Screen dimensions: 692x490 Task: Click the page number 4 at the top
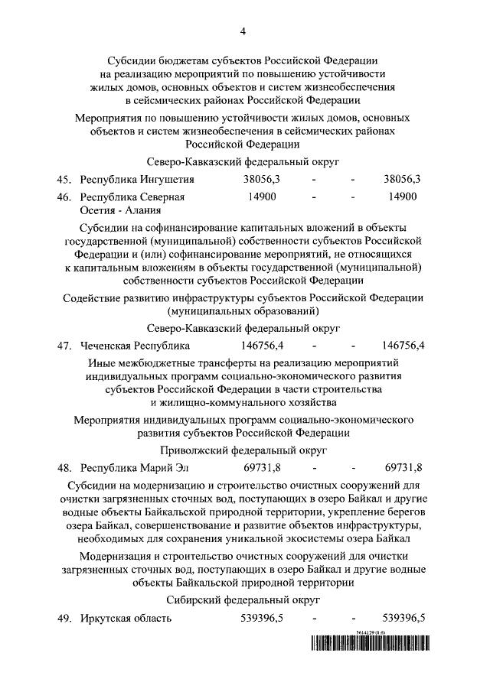[x=243, y=31]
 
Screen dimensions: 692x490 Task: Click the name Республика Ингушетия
[x=137, y=180]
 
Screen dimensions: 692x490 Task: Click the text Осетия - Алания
[x=120, y=211]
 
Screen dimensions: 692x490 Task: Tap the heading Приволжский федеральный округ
[x=243, y=451]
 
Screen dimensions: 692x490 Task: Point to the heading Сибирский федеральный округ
[x=243, y=601]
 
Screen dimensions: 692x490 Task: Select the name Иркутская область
[x=126, y=618]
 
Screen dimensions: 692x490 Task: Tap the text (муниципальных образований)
[x=243, y=311]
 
